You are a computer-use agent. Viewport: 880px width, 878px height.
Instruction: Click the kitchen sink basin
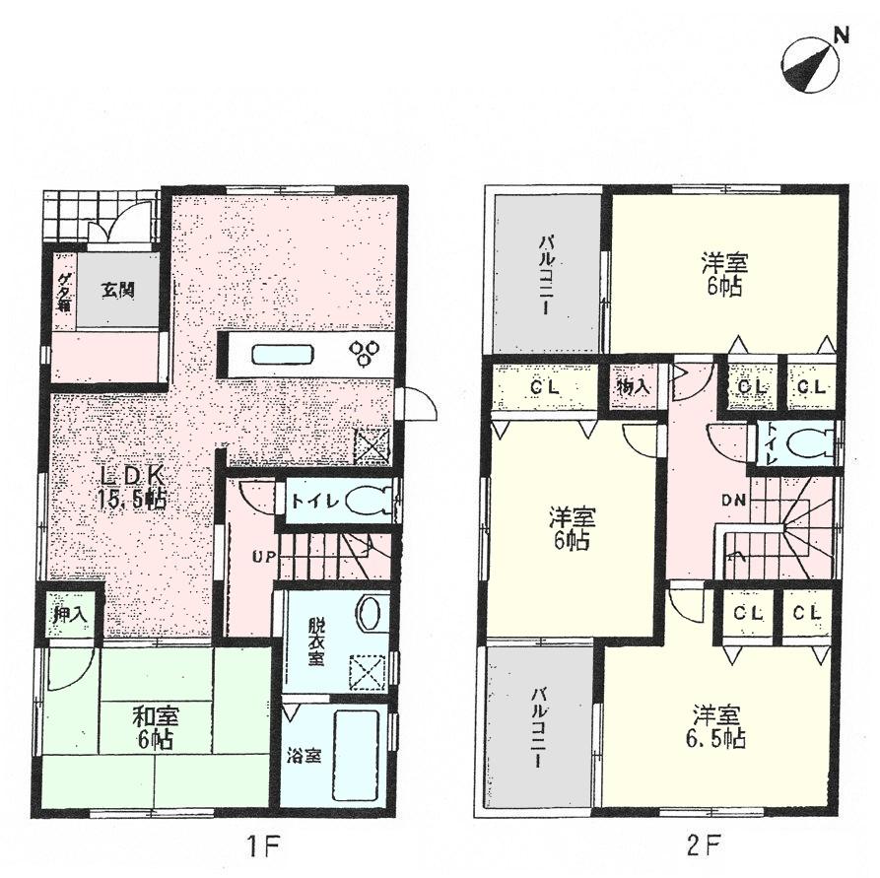click(281, 355)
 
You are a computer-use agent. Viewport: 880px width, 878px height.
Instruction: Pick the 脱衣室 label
click(314, 642)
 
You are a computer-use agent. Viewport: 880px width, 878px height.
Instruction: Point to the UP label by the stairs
click(263, 558)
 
